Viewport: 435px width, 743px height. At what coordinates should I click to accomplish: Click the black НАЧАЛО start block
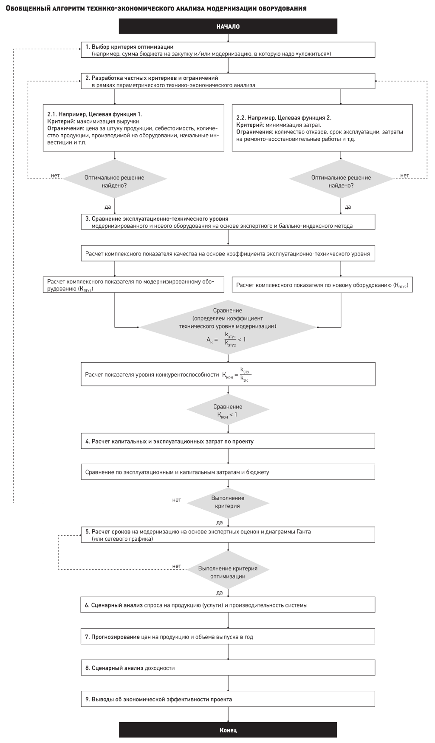(228, 26)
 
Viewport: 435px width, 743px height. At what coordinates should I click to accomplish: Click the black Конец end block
(228, 730)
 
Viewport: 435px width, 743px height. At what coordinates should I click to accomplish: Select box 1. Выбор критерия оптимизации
(228, 50)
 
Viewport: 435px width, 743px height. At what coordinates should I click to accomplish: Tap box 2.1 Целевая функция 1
(133, 128)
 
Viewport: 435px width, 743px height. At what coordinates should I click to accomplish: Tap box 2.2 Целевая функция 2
(322, 128)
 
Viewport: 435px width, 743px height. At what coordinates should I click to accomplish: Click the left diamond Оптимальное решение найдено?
(115, 179)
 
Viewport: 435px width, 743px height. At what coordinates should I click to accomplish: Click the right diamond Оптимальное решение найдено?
(341, 179)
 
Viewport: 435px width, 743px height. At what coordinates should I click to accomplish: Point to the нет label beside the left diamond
(55, 176)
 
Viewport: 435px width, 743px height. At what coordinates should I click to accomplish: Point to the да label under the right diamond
(348, 207)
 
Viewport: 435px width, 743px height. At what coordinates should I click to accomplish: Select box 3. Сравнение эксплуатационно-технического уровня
(228, 222)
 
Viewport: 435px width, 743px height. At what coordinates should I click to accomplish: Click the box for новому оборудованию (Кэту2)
(322, 285)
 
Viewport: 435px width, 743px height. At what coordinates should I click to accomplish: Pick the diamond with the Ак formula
(228, 327)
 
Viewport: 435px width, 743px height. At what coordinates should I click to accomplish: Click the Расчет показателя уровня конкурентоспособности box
(228, 374)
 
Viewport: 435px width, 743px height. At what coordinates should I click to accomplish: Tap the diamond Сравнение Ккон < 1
(228, 410)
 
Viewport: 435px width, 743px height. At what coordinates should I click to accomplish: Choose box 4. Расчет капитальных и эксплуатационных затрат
(228, 441)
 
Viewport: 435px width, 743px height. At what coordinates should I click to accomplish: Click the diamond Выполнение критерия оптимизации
(228, 570)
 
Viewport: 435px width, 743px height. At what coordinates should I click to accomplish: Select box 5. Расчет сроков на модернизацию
(228, 535)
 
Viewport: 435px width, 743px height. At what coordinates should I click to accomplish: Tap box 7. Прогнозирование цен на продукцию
(228, 637)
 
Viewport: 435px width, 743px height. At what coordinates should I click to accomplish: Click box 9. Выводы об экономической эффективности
(228, 699)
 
